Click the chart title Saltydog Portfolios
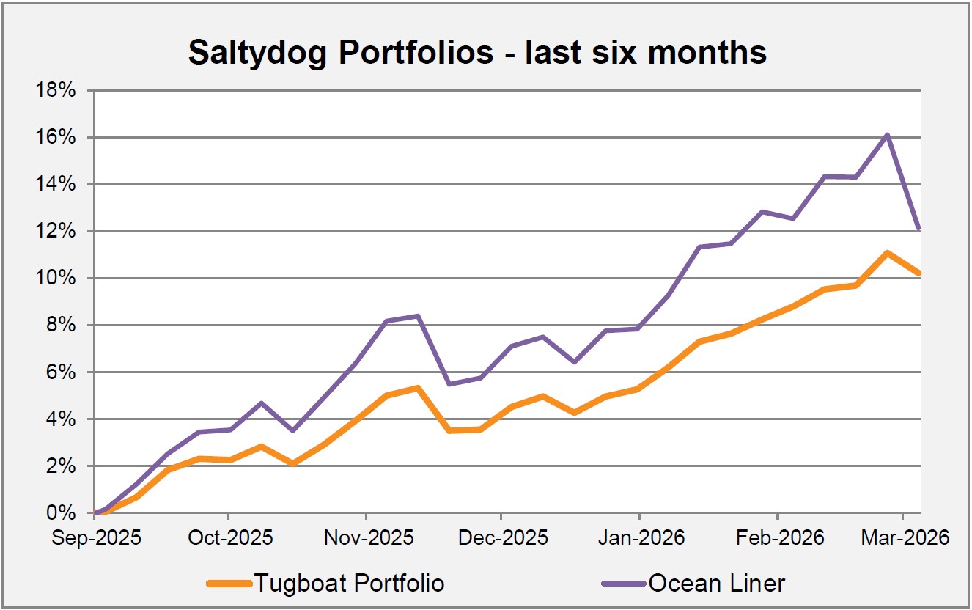click(476, 53)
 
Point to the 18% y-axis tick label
click(57, 90)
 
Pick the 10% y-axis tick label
click(57, 279)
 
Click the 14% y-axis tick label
click(57, 184)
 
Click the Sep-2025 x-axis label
click(97, 537)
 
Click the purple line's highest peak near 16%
click(887, 135)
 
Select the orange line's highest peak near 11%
click(887, 253)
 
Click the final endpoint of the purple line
click(920, 229)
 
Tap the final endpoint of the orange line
click(920, 273)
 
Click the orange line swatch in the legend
click(229, 584)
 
